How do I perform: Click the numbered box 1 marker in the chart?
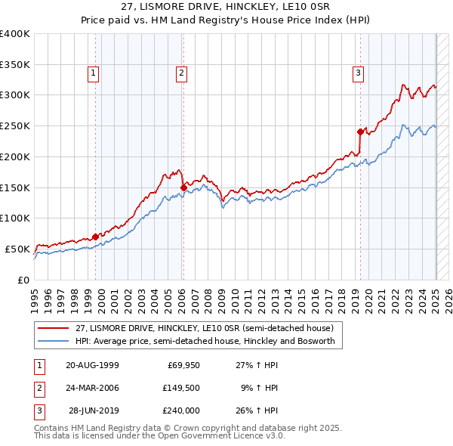[x=93, y=73]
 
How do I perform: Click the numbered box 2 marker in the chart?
[x=182, y=73]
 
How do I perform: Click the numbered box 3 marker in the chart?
[x=358, y=73]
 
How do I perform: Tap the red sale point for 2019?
[x=360, y=131]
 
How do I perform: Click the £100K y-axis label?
[x=15, y=218]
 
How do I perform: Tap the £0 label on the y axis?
[x=23, y=280]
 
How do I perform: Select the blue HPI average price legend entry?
[x=209, y=341]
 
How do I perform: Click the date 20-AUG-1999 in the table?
[x=92, y=365]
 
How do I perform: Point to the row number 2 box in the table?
[x=38, y=388]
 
